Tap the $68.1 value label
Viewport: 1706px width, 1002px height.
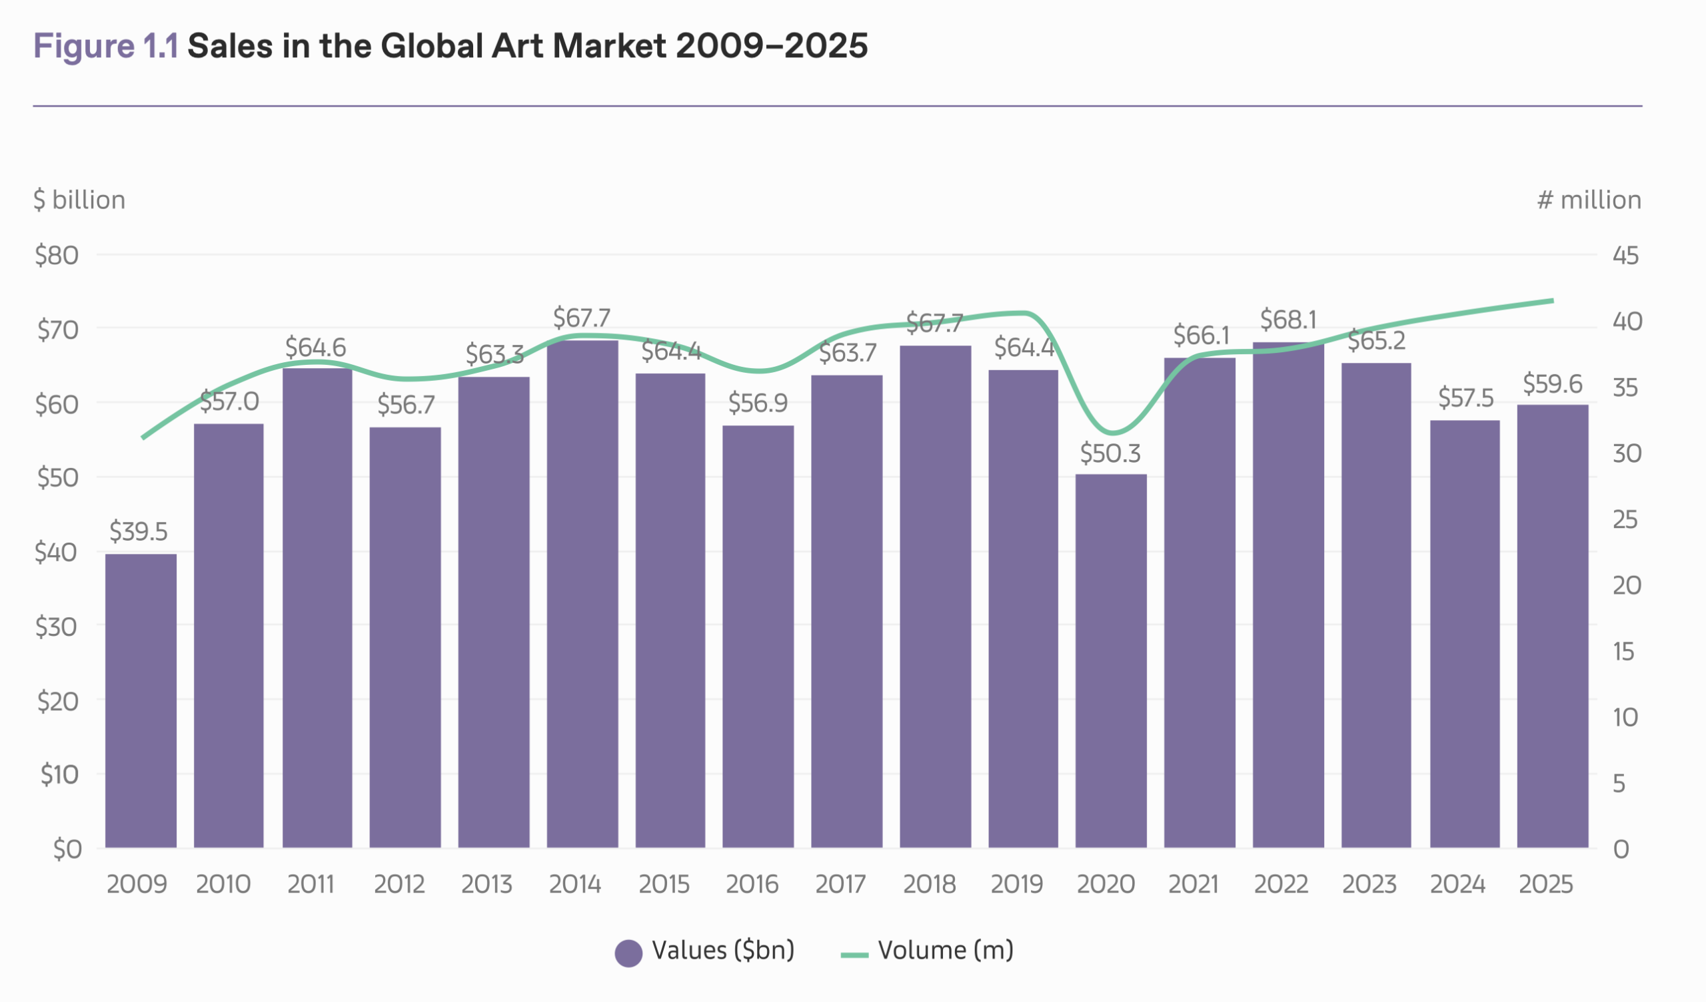[x=1287, y=319]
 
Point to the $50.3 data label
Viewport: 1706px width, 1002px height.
[x=1110, y=453]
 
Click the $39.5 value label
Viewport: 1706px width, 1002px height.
[x=138, y=531]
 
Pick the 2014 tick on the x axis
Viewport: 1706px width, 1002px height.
[x=574, y=884]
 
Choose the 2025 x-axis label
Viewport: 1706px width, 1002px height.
[x=1545, y=884]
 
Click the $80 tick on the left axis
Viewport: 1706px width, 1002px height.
[x=57, y=255]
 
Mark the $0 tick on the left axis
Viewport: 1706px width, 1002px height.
[x=67, y=848]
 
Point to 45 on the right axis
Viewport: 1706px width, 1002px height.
[x=1625, y=255]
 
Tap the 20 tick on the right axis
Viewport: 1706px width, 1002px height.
[x=1626, y=585]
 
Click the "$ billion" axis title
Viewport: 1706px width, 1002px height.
[x=79, y=200]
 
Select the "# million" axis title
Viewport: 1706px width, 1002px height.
[x=1589, y=200]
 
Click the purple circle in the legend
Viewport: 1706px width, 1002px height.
[x=628, y=953]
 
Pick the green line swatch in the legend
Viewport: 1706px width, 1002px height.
[x=854, y=955]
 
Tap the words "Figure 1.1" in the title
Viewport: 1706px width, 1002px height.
[x=105, y=46]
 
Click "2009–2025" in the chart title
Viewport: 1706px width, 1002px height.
[x=772, y=46]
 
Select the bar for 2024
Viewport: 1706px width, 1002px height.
[x=1464, y=633]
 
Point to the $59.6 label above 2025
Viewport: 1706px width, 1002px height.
[x=1552, y=383]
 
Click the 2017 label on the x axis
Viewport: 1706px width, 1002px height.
[x=840, y=884]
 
